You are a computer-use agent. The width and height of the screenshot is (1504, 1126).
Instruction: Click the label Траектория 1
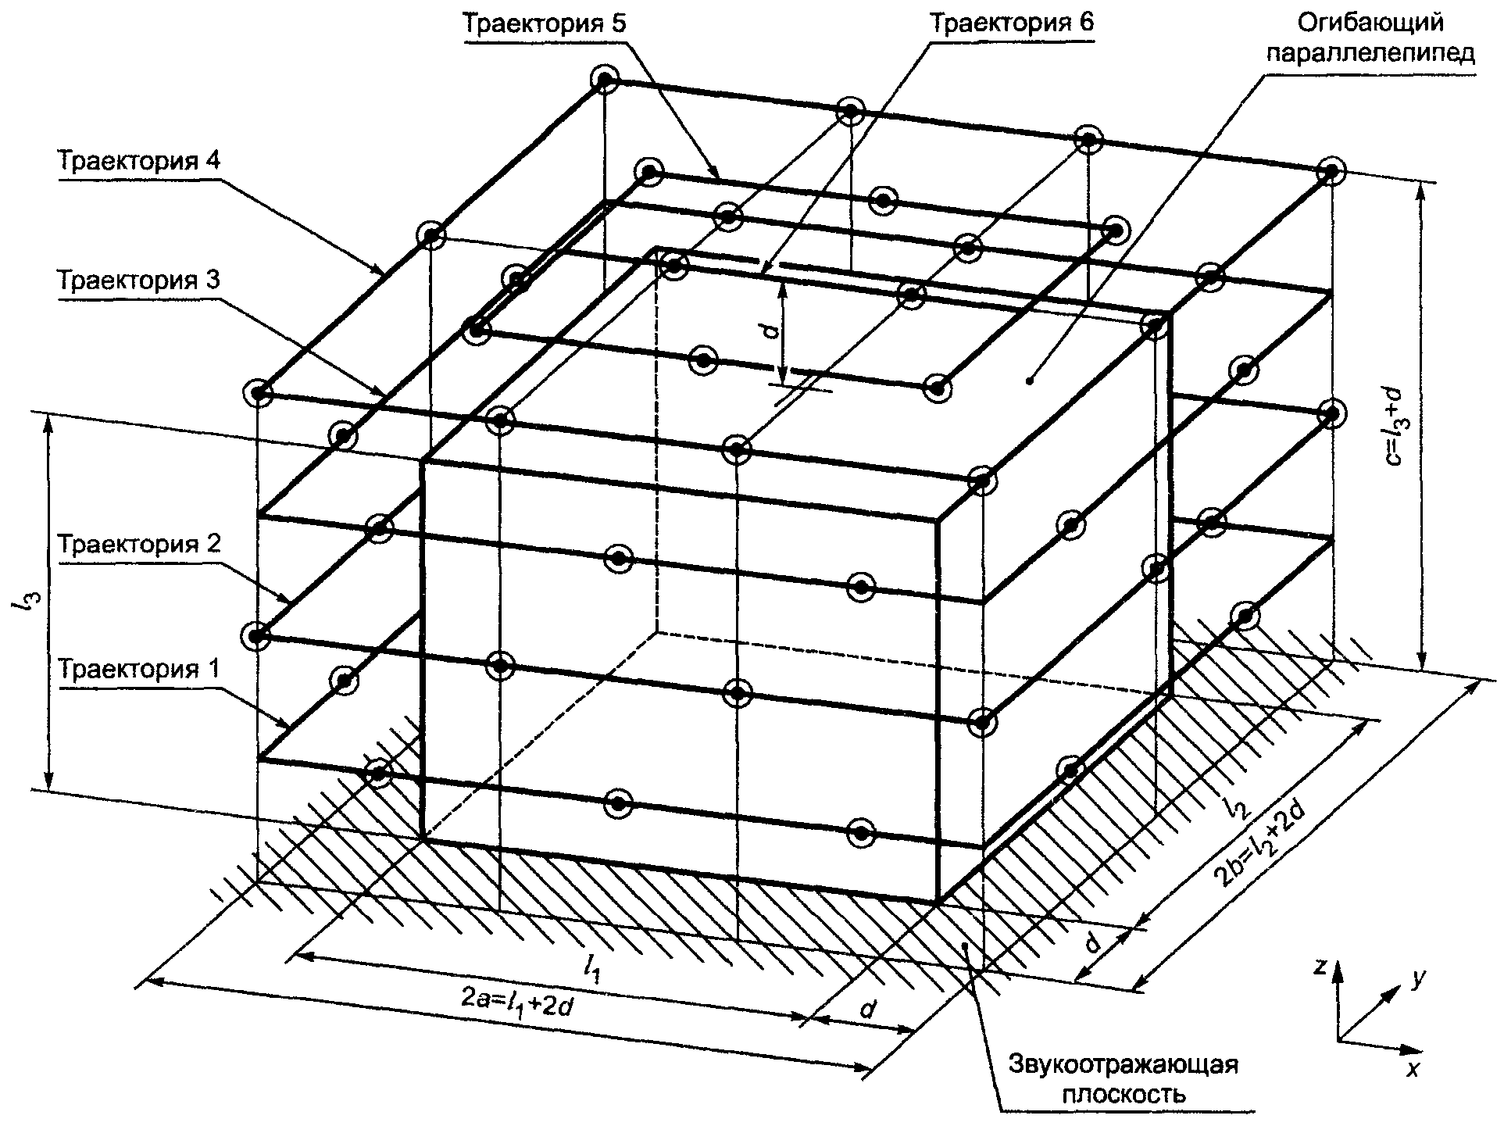coord(141,670)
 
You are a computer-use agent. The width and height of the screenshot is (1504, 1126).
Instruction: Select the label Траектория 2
coord(141,543)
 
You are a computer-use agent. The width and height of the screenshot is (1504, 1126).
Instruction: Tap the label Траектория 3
coord(141,280)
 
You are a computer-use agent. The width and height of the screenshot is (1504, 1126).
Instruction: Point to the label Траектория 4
coord(141,162)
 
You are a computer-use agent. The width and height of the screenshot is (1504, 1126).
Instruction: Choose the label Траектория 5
coord(545,23)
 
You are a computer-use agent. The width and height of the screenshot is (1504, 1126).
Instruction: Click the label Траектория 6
coord(1012,23)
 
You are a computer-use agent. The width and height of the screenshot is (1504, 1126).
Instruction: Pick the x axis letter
coord(1412,1069)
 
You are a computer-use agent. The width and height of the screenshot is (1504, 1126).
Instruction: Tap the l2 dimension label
coord(1236,804)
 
